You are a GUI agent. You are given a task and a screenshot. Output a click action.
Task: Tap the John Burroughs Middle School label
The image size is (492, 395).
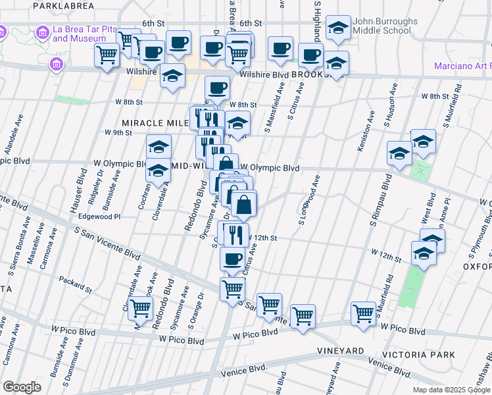pos(385,26)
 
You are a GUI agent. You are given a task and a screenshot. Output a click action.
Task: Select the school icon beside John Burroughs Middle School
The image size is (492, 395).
pos(339,28)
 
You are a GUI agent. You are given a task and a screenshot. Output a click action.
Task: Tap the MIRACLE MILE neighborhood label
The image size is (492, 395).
pos(153,122)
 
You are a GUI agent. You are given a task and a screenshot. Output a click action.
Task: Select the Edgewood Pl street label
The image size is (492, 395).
pos(99,216)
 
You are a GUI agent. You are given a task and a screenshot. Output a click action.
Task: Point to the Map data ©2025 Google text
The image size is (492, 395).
pos(451,390)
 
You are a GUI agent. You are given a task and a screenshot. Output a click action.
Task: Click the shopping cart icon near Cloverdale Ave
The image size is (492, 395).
pos(140,307)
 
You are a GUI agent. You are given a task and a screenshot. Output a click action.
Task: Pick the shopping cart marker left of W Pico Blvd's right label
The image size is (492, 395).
pos(363,313)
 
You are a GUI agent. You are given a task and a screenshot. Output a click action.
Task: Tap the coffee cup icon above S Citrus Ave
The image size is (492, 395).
pos(232,260)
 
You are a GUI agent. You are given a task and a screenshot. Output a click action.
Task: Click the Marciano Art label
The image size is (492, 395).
pos(462,66)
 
